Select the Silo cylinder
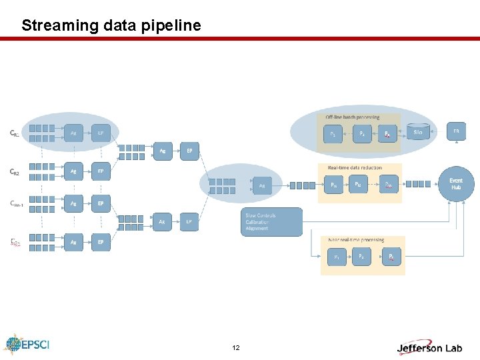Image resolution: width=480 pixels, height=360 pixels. click(x=418, y=133)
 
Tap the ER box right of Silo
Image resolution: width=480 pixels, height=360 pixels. click(x=456, y=131)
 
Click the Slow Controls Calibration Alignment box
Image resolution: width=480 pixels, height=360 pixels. click(x=271, y=222)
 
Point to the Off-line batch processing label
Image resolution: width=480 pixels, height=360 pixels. click(x=353, y=117)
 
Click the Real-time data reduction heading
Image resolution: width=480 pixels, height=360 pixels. click(x=354, y=167)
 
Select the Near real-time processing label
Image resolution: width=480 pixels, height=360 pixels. click(x=356, y=240)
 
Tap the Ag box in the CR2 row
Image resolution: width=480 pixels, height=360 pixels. click(x=74, y=171)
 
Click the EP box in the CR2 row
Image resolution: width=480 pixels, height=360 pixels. click(x=101, y=171)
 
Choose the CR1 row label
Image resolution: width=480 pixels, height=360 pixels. click(x=14, y=133)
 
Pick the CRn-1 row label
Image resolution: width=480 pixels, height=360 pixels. click(x=17, y=204)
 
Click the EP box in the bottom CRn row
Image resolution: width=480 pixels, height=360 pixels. click(x=101, y=242)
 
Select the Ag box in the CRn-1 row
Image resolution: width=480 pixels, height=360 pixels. click(x=74, y=203)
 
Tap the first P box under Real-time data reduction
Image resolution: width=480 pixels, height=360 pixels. click(x=333, y=185)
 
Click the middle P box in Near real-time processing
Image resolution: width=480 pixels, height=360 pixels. click(x=361, y=256)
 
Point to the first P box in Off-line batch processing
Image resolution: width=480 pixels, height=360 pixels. click(x=333, y=133)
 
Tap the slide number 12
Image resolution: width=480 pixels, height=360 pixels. click(x=236, y=348)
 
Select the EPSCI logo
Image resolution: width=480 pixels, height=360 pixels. click(x=27, y=345)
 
